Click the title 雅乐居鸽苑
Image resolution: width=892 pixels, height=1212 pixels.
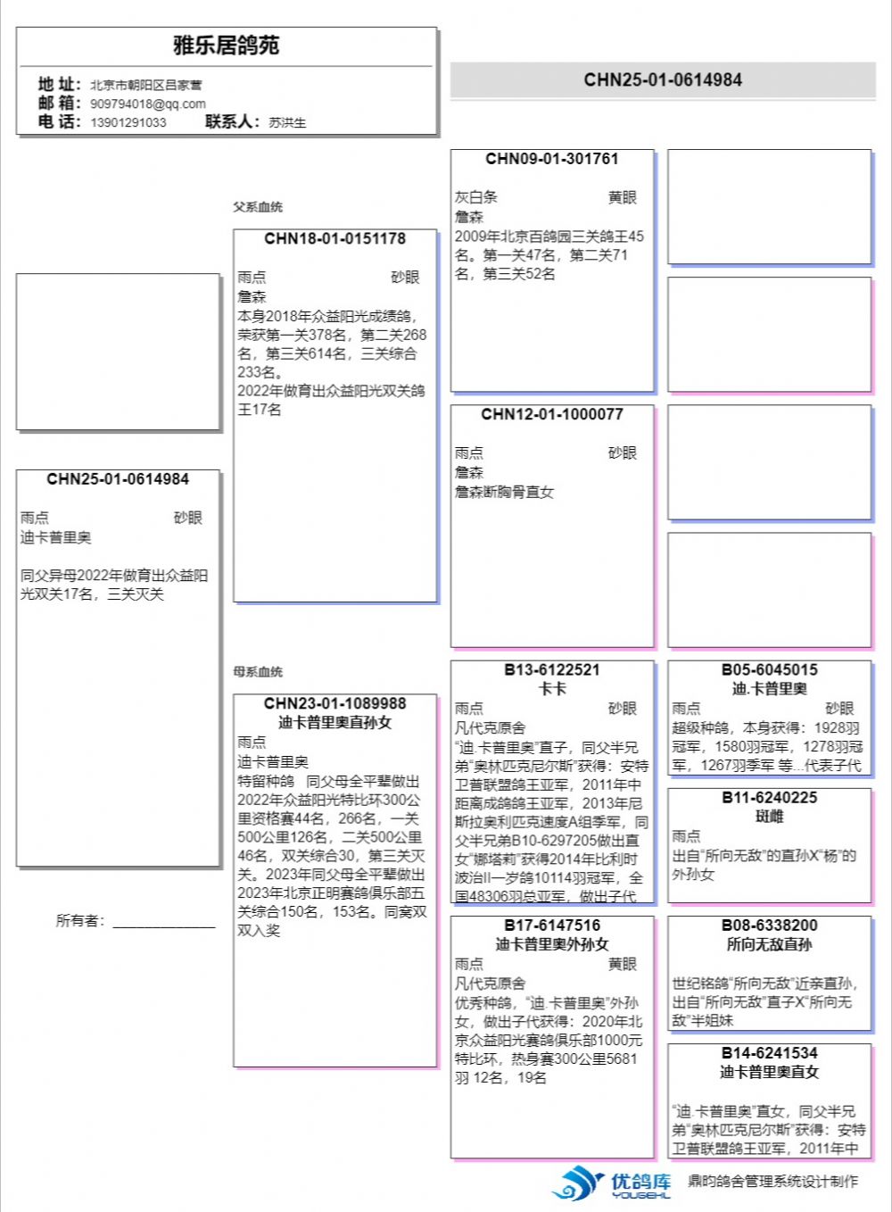(226, 46)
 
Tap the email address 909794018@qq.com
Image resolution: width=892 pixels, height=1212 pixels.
(147, 104)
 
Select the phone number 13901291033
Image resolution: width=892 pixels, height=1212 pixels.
(128, 122)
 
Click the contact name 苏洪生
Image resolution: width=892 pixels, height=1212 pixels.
(287, 122)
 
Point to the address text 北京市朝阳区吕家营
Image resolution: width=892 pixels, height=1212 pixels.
(145, 85)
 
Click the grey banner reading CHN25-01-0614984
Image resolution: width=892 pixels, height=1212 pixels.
(663, 79)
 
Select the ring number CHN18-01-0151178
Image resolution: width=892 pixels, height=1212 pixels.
(334, 239)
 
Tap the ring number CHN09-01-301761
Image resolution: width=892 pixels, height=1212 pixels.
(551, 159)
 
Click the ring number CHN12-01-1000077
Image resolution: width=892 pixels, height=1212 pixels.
(551, 414)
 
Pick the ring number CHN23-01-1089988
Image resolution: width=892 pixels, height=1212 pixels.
(334, 703)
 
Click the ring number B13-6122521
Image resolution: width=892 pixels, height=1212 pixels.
(551, 669)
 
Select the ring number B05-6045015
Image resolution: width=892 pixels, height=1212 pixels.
(769, 669)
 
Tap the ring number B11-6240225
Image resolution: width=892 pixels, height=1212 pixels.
(769, 797)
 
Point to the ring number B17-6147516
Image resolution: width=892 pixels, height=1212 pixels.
(551, 925)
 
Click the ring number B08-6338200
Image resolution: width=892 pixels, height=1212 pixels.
(769, 925)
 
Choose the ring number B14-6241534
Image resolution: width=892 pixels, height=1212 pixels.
(769, 1052)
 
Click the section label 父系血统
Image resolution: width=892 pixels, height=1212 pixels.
(258, 207)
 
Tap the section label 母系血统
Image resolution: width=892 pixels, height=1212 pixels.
(258, 672)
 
